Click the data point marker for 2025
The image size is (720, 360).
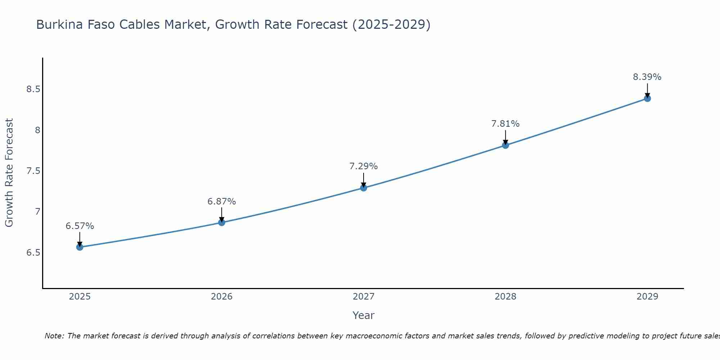(80, 247)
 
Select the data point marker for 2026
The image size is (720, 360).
(222, 222)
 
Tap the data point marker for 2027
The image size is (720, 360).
(364, 188)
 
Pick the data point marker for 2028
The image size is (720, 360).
(505, 145)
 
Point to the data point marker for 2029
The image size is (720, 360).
(647, 98)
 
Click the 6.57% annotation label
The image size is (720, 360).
(80, 226)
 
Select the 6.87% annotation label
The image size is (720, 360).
(222, 202)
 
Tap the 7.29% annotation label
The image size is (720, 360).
(364, 166)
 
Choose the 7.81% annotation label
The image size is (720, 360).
(505, 124)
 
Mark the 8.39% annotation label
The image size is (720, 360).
(647, 77)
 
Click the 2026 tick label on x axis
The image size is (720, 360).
(222, 297)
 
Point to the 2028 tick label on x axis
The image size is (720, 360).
(505, 297)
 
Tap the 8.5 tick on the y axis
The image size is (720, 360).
(33, 89)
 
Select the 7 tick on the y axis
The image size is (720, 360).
(37, 212)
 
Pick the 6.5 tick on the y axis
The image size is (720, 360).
(33, 253)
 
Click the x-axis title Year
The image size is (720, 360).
(364, 315)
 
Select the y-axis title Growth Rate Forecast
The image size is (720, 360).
(9, 173)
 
